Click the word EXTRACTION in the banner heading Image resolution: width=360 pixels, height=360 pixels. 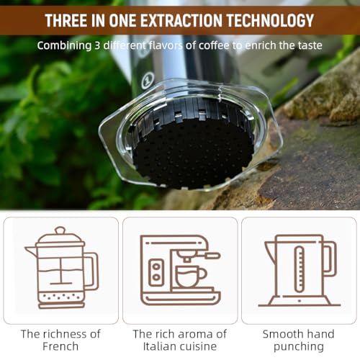(181, 20)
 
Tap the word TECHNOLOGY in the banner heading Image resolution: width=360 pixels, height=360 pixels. (270, 20)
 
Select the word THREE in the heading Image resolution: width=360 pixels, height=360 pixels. (66, 20)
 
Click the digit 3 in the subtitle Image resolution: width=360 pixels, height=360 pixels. (97, 45)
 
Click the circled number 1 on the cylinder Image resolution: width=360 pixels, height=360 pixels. (147, 81)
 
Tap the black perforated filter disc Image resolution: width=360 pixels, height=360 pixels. (193, 153)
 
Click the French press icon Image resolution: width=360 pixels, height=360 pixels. (62, 268)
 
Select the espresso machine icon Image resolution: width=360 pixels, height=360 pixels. (180, 270)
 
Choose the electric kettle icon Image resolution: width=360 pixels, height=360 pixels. (300, 271)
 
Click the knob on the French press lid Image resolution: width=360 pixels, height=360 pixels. (60, 230)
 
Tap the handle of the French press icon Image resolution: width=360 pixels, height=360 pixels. (92, 271)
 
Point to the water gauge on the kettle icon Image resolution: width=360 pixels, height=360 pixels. (300, 269)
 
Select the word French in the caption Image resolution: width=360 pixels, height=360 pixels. (60, 346)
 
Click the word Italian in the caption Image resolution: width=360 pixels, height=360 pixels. (157, 346)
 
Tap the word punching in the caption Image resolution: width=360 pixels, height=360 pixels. (299, 347)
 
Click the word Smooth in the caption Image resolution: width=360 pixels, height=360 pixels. (280, 334)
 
